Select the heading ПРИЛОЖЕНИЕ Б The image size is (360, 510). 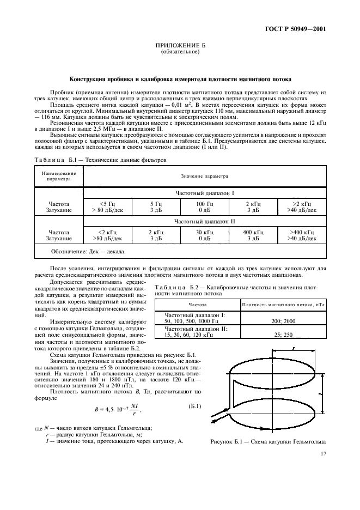point(180,47)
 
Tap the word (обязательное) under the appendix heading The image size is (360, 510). point(180,53)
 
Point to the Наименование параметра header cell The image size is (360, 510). point(58,176)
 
